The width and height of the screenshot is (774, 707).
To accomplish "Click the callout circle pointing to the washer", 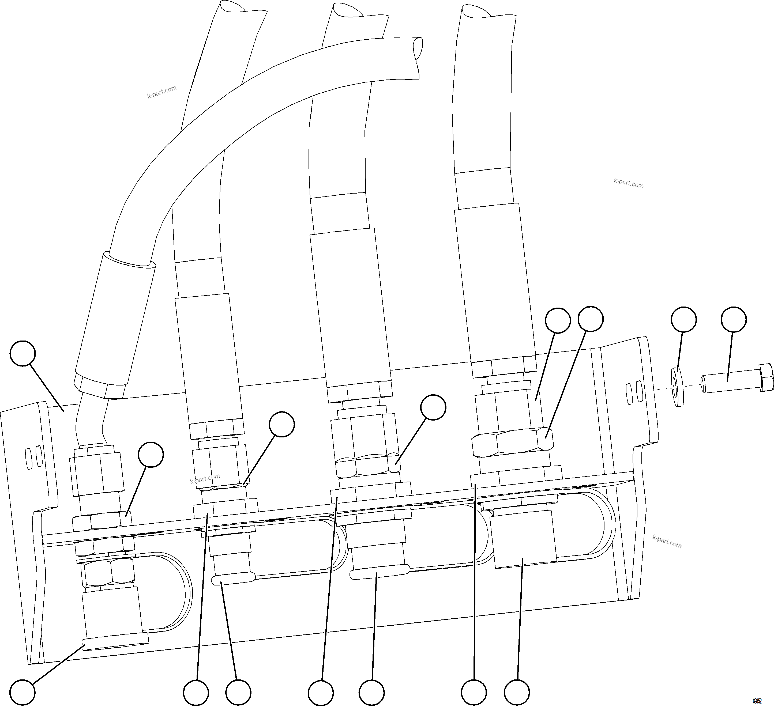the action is click(x=683, y=319).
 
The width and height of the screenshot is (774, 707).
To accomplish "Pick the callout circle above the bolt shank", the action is click(x=734, y=319).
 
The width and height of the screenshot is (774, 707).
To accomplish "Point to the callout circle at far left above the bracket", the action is click(x=23, y=353).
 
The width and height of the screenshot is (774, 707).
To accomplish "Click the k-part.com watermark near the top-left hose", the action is click(x=162, y=92).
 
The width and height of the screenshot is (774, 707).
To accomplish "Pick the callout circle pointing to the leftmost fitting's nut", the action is click(x=151, y=455).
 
